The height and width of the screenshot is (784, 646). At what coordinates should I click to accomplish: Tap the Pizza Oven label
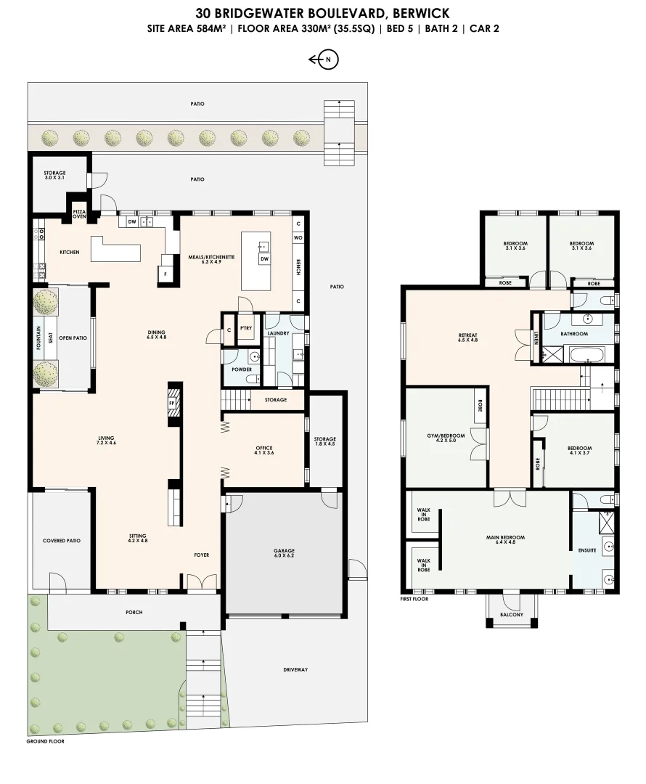(x=79, y=213)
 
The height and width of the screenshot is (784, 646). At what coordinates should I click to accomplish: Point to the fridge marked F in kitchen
(x=165, y=275)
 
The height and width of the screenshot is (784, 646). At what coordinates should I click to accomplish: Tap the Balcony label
(x=512, y=615)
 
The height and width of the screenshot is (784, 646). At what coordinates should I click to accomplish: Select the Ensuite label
(x=587, y=550)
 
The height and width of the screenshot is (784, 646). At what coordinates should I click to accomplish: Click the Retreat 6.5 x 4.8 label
(x=468, y=337)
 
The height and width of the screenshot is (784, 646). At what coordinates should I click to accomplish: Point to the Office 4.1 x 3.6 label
(x=264, y=451)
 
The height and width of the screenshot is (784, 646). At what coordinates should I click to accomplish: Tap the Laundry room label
(x=279, y=334)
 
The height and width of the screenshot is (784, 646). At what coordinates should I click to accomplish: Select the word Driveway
(x=296, y=669)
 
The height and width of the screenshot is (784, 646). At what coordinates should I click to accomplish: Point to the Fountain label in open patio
(x=38, y=340)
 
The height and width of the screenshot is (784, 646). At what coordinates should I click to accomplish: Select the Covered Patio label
(x=61, y=541)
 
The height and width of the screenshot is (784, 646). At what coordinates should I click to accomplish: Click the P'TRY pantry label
(x=245, y=328)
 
